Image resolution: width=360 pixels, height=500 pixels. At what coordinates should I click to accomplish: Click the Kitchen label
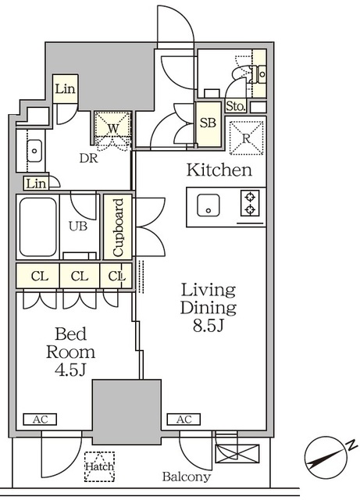(x=219, y=170)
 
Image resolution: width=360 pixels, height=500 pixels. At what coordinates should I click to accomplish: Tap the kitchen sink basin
(x=209, y=205)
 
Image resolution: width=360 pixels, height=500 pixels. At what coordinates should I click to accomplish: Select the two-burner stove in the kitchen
(x=250, y=203)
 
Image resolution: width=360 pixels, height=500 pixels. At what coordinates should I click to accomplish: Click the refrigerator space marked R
(x=247, y=138)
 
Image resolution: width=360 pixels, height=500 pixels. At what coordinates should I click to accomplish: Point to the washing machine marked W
(x=113, y=128)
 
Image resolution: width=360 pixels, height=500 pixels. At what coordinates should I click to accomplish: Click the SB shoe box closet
(x=209, y=123)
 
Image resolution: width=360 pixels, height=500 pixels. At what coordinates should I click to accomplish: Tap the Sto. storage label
(x=236, y=106)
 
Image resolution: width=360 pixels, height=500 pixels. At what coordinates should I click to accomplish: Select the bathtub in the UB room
(x=38, y=227)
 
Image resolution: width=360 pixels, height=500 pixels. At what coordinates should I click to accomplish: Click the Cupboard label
(x=118, y=227)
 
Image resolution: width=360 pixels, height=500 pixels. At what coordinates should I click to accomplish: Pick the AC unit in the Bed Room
(x=40, y=420)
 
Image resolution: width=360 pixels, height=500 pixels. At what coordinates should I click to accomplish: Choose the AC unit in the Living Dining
(x=184, y=420)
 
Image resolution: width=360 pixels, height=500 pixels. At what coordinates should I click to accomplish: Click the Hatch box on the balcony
(x=99, y=466)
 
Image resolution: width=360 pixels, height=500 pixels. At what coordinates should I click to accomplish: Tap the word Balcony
(x=187, y=477)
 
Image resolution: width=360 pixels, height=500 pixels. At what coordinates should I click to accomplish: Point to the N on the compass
(x=351, y=445)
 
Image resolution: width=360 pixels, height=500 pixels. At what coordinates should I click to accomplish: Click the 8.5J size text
(x=209, y=326)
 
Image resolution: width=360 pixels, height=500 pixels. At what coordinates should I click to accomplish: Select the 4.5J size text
(x=70, y=370)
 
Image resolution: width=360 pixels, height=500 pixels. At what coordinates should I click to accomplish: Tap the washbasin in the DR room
(x=34, y=151)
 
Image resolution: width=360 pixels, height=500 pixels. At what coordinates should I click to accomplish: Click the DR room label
(x=88, y=158)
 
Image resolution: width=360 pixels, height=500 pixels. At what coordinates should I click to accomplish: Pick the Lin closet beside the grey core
(x=65, y=89)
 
